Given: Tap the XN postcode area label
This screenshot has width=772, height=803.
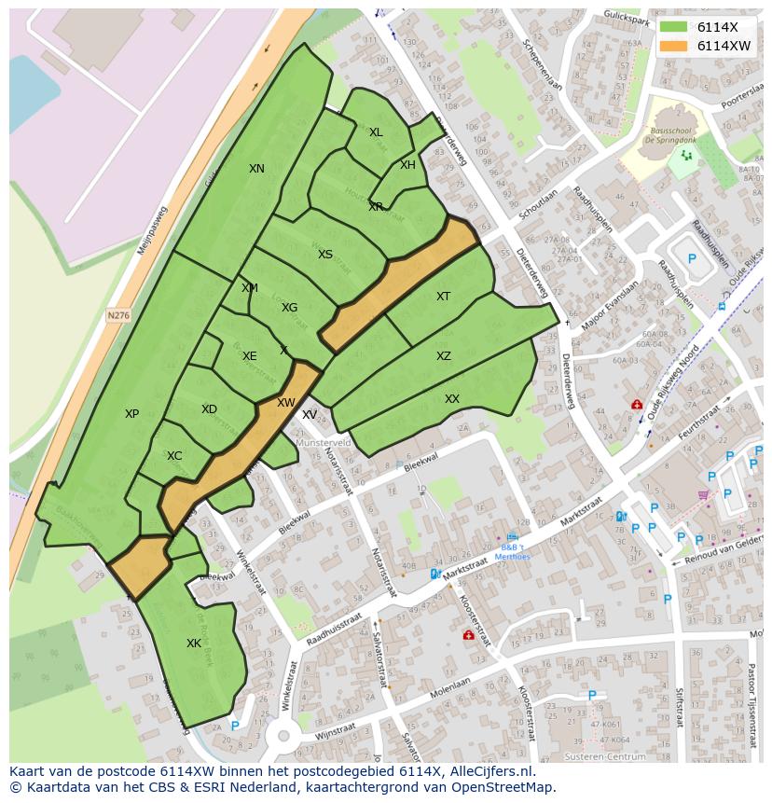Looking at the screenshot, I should pyautogui.click(x=256, y=169).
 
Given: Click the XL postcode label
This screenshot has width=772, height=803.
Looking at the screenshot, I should pyautogui.click(x=376, y=132).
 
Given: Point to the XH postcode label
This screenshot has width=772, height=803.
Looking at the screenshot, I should pyautogui.click(x=407, y=165).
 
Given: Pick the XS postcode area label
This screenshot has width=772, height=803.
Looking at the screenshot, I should pyautogui.click(x=324, y=255).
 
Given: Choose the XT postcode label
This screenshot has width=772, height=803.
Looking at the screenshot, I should pyautogui.click(x=443, y=297).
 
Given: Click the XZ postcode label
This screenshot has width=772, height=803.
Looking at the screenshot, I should pyautogui.click(x=444, y=356).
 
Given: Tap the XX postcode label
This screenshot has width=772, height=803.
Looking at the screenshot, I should pyautogui.click(x=452, y=399).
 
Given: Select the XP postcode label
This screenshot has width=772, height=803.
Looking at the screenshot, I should pyautogui.click(x=131, y=414).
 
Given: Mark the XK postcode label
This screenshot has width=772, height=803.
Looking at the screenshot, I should pyautogui.click(x=194, y=644).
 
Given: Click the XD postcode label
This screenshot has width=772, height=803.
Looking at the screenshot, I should pyautogui.click(x=209, y=409).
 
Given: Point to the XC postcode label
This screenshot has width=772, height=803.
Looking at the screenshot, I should pyautogui.click(x=174, y=456).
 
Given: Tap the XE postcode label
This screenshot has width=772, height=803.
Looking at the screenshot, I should pyautogui.click(x=249, y=356).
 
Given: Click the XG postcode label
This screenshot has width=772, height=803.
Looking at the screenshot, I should pyautogui.click(x=290, y=308).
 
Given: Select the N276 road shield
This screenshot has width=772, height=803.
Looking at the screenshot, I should pyautogui.click(x=118, y=316).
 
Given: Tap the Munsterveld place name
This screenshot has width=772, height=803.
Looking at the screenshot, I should pyautogui.click(x=324, y=443).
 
